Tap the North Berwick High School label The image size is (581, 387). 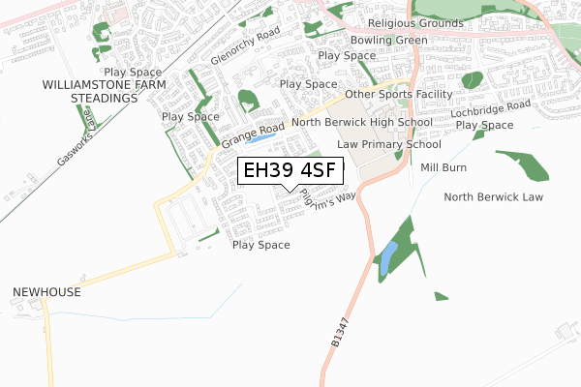(362, 123)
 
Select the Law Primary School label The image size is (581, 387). (388, 144)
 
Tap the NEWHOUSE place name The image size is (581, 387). (46, 291)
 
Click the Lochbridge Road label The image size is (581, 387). (491, 110)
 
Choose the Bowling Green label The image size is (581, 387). (388, 40)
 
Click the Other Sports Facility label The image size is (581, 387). (399, 94)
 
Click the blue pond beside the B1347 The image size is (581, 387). (387, 257)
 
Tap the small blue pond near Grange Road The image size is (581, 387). (260, 138)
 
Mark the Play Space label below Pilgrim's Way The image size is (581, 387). (261, 245)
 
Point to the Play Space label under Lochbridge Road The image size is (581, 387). (484, 126)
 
